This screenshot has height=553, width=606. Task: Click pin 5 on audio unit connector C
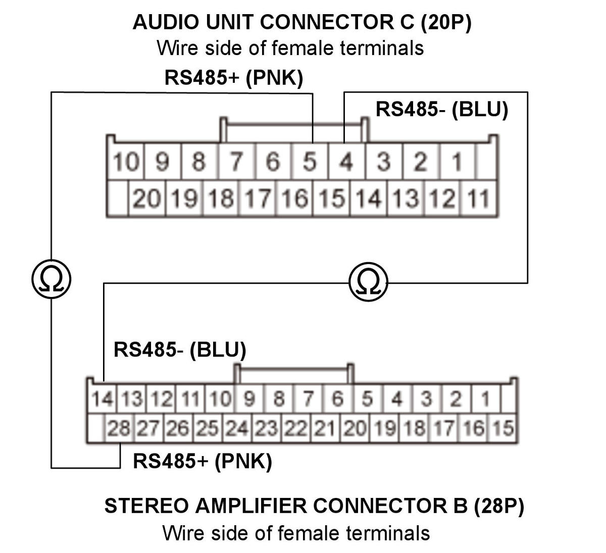tap(310, 161)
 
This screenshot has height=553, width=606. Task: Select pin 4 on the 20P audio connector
tap(346, 161)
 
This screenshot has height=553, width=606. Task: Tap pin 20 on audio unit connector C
tap(147, 198)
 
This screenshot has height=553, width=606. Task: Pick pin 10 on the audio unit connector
tap(126, 161)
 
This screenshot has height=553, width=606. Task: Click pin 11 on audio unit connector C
tap(479, 198)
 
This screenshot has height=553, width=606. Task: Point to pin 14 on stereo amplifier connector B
tap(102, 398)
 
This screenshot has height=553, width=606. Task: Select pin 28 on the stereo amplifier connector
tap(119, 428)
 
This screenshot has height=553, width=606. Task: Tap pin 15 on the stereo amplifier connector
tap(503, 428)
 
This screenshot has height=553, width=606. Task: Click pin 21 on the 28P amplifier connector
tap(325, 428)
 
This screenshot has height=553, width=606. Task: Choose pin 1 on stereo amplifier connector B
tap(485, 398)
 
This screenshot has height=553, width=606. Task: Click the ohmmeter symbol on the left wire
tap(52, 279)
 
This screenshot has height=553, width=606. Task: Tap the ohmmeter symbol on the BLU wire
tap(368, 282)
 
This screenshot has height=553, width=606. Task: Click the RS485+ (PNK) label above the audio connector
tap(234, 78)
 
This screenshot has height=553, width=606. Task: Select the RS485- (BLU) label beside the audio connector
tap(442, 109)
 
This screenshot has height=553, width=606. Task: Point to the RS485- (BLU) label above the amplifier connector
tap(180, 350)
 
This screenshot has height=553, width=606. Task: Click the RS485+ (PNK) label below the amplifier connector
tap(203, 462)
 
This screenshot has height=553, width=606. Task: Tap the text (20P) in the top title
tap(445, 22)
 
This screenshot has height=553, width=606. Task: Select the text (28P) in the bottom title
tap(499, 506)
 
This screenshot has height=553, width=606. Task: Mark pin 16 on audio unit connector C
tap(295, 198)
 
